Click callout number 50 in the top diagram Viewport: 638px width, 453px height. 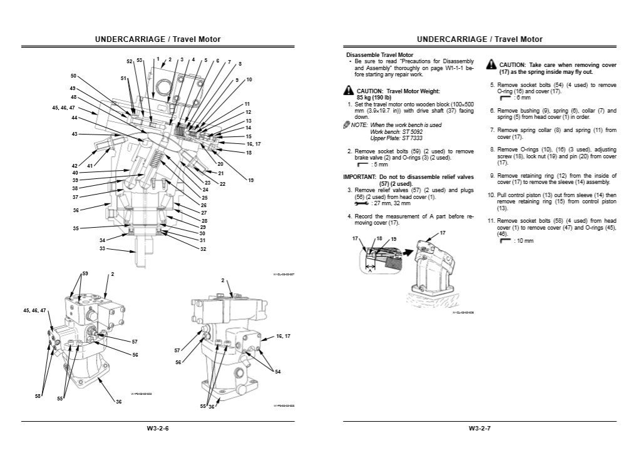click(73, 76)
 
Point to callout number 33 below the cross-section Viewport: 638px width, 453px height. click(102, 249)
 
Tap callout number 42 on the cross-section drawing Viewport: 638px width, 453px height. click(75, 166)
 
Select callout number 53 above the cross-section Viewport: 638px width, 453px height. click(140, 61)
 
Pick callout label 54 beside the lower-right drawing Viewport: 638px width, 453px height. click(277, 372)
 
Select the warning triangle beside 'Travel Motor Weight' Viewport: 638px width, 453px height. click(348, 91)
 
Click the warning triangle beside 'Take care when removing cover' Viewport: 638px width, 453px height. click(492, 65)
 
